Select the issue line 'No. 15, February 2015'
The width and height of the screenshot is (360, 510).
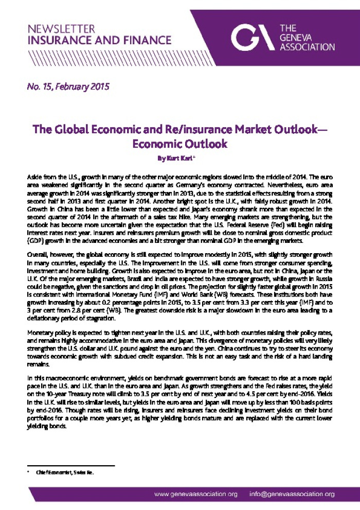pos(68,86)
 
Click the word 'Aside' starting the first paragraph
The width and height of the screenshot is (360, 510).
pos(34,177)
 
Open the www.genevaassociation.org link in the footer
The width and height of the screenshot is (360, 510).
pos(196,494)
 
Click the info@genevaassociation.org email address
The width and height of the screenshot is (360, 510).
pos(292,494)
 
